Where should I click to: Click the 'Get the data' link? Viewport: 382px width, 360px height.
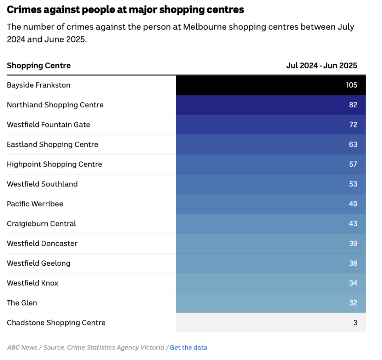pyautogui.click(x=189, y=347)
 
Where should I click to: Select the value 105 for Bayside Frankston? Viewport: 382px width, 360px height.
pyautogui.click(x=352, y=85)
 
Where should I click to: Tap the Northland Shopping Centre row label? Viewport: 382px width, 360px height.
pyautogui.click(x=55, y=105)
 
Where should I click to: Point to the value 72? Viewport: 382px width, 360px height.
pyautogui.click(x=353, y=125)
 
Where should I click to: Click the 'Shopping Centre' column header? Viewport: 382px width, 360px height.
pyautogui.click(x=39, y=66)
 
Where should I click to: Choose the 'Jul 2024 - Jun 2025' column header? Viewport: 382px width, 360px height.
pyautogui.click(x=322, y=66)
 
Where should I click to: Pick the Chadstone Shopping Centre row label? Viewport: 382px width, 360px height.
pyautogui.click(x=56, y=323)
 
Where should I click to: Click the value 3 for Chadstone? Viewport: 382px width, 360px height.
pyautogui.click(x=355, y=323)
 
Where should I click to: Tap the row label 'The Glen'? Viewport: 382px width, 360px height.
pyautogui.click(x=22, y=303)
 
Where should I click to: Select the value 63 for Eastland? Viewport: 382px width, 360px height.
pyautogui.click(x=353, y=144)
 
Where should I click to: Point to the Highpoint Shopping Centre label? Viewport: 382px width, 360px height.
pyautogui.click(x=54, y=164)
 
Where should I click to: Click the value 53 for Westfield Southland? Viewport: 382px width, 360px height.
pyautogui.click(x=353, y=184)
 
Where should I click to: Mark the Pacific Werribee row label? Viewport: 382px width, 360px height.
pyautogui.click(x=35, y=204)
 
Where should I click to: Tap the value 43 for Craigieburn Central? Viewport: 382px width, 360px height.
pyautogui.click(x=353, y=224)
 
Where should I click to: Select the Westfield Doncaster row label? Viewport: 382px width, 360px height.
pyautogui.click(x=42, y=243)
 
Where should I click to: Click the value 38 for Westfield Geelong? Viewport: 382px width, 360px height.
pyautogui.click(x=353, y=263)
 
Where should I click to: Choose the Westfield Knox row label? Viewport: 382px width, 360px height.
pyautogui.click(x=33, y=283)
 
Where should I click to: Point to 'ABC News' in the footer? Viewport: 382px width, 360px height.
pyautogui.click(x=22, y=347)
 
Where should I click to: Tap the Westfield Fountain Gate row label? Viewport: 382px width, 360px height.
pyautogui.click(x=48, y=125)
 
